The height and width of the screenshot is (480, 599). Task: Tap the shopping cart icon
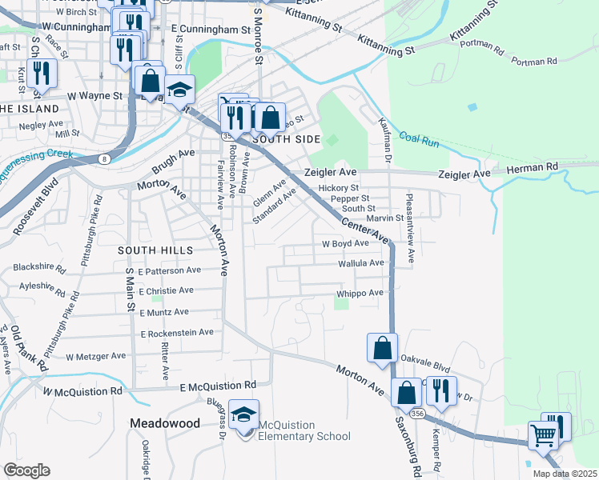coord(544,437)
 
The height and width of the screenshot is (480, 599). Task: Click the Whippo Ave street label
coord(360,294)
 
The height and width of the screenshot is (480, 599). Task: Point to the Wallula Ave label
coord(361,263)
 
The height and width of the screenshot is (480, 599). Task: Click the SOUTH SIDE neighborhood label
coord(281,139)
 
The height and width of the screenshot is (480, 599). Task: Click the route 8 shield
coord(105,159)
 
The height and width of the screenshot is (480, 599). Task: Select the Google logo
coord(27,470)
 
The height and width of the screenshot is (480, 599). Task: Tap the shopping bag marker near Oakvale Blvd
coord(382,348)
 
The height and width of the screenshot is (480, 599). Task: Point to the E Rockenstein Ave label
coord(177,333)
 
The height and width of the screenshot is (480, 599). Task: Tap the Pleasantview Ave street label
coord(411,228)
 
